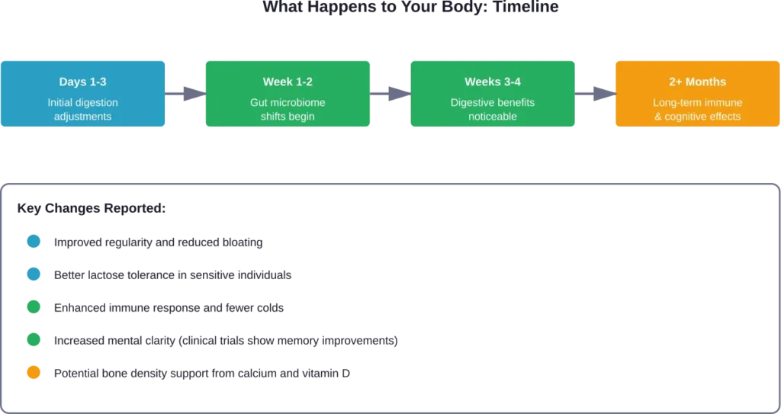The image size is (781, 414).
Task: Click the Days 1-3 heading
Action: pos(82,82)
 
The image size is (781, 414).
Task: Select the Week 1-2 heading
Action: pos(288,82)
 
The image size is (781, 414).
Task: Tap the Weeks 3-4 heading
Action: pos(492,82)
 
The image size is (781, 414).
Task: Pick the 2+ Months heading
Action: pos(697,82)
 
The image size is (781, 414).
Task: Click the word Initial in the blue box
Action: pos(61,102)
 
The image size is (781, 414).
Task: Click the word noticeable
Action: pos(492,117)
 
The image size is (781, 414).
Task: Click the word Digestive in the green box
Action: pos(473,102)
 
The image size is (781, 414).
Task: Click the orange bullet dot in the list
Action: pos(34,373)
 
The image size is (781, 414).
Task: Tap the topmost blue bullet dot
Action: pos(34,242)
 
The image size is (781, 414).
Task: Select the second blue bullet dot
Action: pos(34,274)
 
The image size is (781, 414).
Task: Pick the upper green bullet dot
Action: pos(34,308)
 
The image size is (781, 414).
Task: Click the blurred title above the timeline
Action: pos(412,9)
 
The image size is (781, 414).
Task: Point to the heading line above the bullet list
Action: pos(92,207)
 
